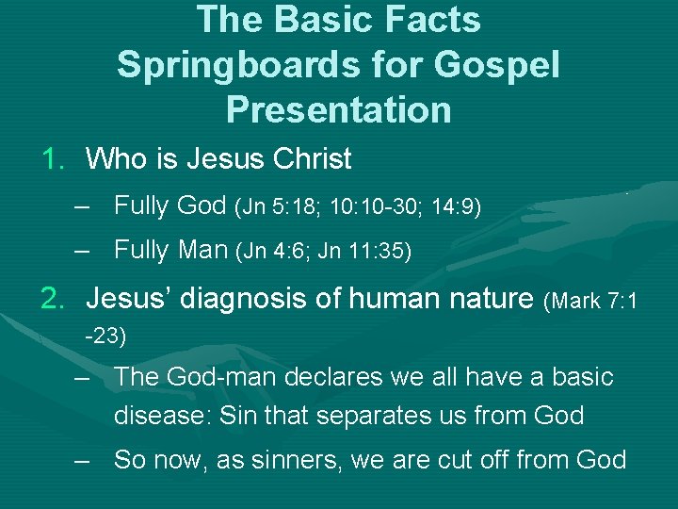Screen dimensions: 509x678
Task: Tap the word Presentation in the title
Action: pos(338,108)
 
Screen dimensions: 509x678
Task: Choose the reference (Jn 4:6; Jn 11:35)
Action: pos(324,251)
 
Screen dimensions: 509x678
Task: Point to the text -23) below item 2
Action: pos(105,334)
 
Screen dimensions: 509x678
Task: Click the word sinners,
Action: pos(319,460)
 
